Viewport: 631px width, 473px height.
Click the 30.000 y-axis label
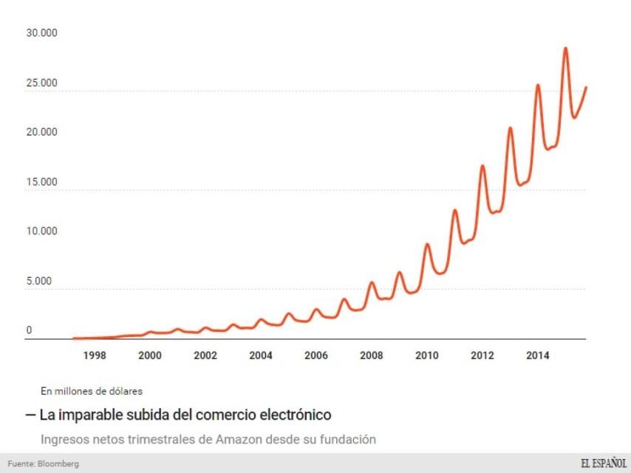pyautogui.click(x=41, y=33)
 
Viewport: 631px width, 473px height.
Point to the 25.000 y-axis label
pyautogui.click(x=41, y=83)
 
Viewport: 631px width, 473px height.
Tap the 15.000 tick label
pyautogui.click(x=41, y=182)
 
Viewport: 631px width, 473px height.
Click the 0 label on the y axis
pyautogui.click(x=30, y=330)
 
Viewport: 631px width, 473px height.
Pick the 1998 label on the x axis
pyautogui.click(x=95, y=355)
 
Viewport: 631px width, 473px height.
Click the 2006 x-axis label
pyautogui.click(x=316, y=355)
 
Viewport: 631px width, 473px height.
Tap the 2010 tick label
pyautogui.click(x=427, y=355)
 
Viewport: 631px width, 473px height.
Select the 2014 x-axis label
pyautogui.click(x=537, y=355)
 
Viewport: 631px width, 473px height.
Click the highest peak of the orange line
pyautogui.click(x=565, y=49)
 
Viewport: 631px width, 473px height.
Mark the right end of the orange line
pyautogui.click(x=586, y=87)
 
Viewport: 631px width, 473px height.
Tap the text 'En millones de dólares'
pyautogui.click(x=92, y=391)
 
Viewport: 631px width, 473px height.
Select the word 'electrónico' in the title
pyautogui.click(x=299, y=415)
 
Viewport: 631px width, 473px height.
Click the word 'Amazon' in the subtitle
pyautogui.click(x=238, y=440)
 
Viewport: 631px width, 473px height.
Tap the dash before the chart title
pyautogui.click(x=30, y=415)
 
